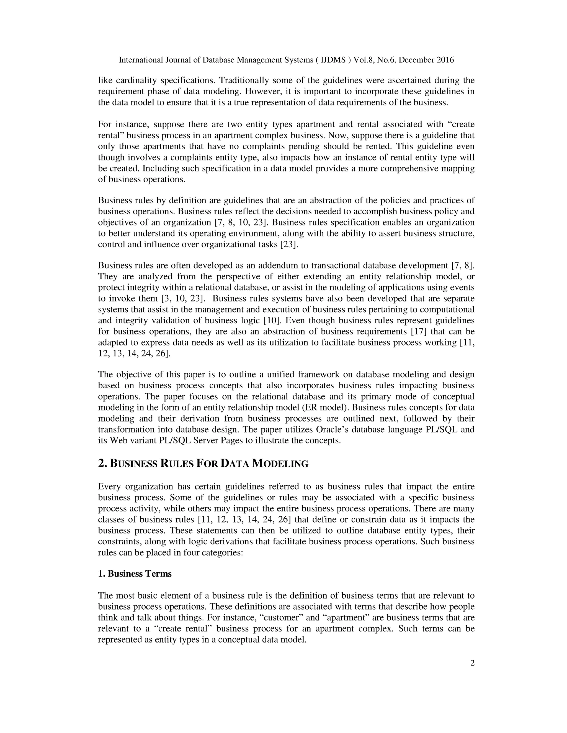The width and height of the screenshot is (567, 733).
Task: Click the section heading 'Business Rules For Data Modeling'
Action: (203, 464)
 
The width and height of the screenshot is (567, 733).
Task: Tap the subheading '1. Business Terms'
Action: (135, 574)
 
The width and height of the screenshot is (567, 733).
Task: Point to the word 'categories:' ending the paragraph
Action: (223, 552)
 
